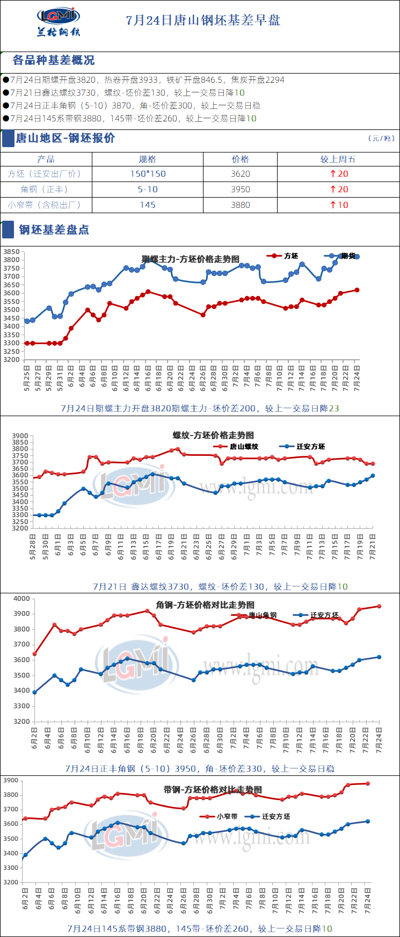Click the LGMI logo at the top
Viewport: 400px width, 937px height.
pos(59,21)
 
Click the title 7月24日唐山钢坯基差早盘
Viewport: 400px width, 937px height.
pos(203,20)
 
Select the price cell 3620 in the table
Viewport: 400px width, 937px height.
pos(241,174)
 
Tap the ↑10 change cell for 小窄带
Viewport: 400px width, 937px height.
pos(338,205)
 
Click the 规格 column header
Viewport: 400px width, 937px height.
pos(147,159)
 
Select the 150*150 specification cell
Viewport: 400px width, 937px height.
pos(148,174)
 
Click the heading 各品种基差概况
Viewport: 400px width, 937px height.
pos(53,60)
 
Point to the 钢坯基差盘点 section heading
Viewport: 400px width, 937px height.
pos(54,230)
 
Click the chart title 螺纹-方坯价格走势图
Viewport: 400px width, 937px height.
pos(213,435)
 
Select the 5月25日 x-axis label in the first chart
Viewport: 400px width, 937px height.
pos(27,379)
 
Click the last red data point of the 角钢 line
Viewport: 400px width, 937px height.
pos(379,606)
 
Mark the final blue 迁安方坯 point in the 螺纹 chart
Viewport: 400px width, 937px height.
pos(373,475)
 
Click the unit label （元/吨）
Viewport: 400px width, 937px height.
pos(381,139)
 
